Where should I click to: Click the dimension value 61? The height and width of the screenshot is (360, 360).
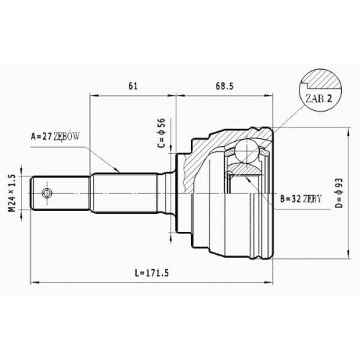pyautogui.click(x=133, y=86)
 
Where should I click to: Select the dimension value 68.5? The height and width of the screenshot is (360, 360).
pyautogui.click(x=225, y=86)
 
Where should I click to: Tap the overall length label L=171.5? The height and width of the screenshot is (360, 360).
pyautogui.click(x=152, y=273)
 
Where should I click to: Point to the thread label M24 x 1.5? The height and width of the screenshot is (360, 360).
pyautogui.click(x=12, y=193)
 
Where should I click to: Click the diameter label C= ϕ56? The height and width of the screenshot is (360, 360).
pyautogui.click(x=161, y=132)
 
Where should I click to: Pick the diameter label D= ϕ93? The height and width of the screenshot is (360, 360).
pyautogui.click(x=340, y=193)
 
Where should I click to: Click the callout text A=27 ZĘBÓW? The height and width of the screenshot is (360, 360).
pyautogui.click(x=55, y=137)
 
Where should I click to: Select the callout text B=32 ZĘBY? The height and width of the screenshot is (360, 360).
pyautogui.click(x=300, y=199)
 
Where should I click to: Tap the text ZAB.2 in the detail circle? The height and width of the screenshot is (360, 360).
pyautogui.click(x=318, y=99)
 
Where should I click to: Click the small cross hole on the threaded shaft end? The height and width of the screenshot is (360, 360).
pyautogui.click(x=46, y=193)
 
